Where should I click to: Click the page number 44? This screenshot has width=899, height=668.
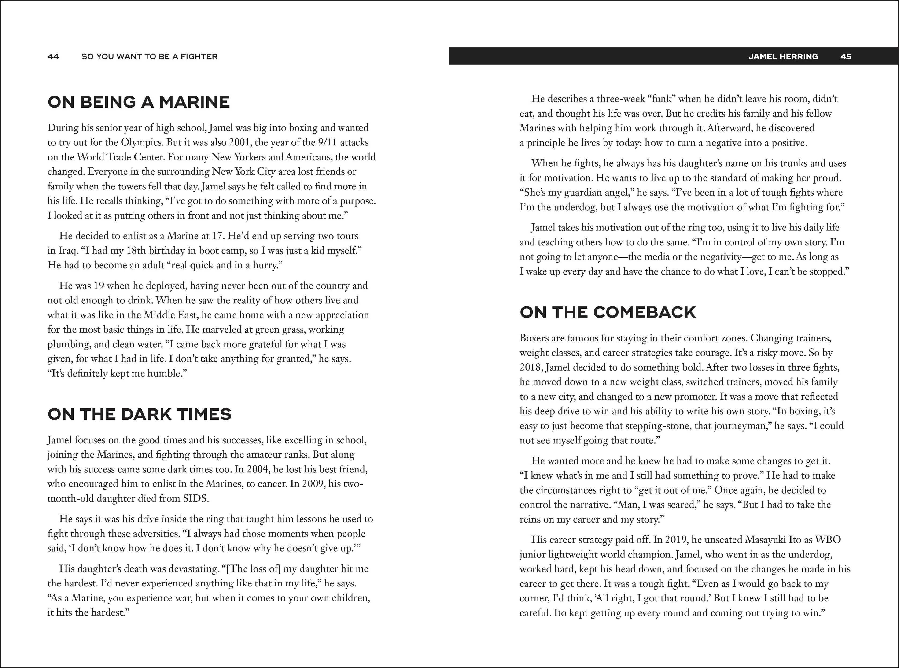click(53, 57)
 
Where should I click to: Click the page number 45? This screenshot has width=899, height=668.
click(846, 57)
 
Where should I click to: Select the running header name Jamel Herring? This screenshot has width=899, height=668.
click(783, 57)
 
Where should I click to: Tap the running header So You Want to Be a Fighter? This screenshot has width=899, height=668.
click(150, 57)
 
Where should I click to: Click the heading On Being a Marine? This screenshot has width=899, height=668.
click(139, 102)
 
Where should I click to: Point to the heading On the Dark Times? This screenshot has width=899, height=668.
click(140, 414)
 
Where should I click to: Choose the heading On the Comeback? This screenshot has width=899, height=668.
click(608, 312)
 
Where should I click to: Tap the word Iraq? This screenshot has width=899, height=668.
click(67, 251)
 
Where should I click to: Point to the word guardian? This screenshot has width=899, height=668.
click(580, 193)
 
